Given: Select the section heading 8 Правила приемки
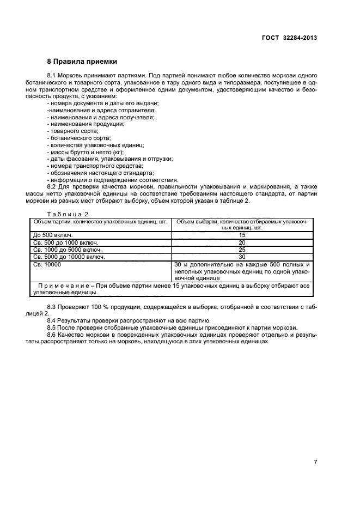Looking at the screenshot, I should tap(82, 61).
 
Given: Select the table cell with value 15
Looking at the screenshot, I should tap(242, 235).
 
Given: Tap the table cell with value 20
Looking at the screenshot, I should tap(242, 242).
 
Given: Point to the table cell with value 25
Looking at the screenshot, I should tap(242, 249).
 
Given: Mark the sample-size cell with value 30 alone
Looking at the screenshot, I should tap(242, 256).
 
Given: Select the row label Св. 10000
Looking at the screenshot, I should tap(47, 264).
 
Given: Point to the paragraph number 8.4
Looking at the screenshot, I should tap(53, 320).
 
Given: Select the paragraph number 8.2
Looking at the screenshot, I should tap(53, 186).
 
